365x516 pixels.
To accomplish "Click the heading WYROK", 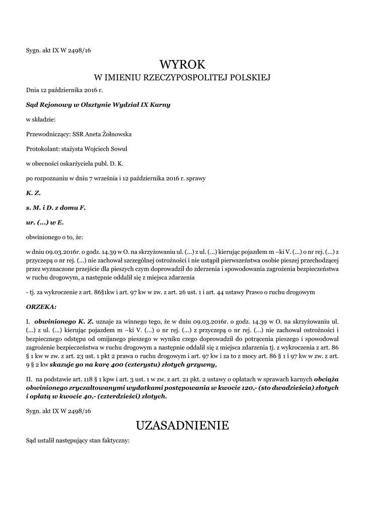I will point(183,64).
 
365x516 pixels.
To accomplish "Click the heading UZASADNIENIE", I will point(183,425).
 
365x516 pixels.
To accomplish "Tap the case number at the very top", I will point(58,50).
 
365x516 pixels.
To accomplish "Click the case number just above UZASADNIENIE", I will point(58,411).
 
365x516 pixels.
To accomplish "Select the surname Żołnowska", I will point(116,134).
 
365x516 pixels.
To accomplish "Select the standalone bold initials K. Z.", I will point(33,192).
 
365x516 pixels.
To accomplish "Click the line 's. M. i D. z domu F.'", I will point(56,207).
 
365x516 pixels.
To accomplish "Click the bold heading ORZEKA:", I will point(41,306).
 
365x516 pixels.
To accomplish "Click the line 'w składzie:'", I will point(41,119).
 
